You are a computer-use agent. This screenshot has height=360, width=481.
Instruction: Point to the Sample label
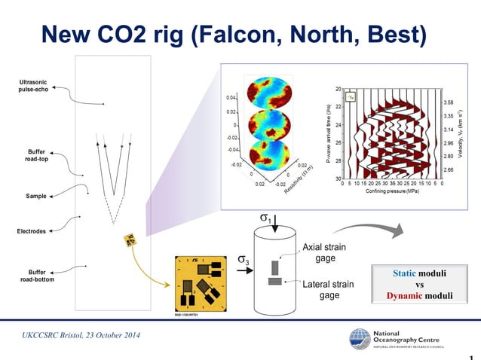click(x=35, y=196)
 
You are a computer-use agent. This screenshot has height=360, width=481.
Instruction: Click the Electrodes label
click(x=32, y=230)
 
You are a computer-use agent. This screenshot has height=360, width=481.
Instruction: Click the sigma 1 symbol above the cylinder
click(x=265, y=218)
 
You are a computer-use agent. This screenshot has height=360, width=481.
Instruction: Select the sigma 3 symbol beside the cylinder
click(x=243, y=261)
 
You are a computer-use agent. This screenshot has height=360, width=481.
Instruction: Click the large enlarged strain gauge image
click(x=199, y=284)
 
